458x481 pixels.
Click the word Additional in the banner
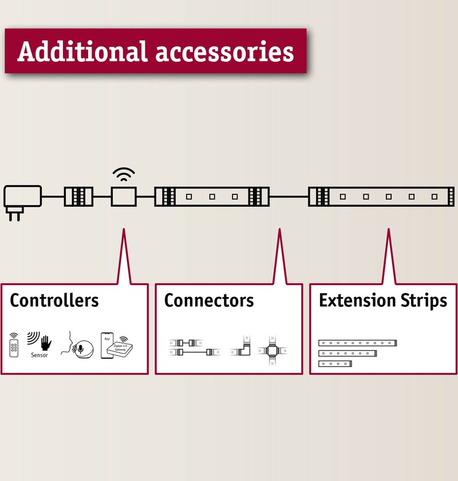tap(82, 51)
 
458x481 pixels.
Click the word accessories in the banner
tap(224, 52)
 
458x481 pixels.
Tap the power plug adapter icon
tap(22, 203)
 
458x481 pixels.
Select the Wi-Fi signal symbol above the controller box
tap(124, 174)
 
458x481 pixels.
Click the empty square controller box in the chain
tap(124, 196)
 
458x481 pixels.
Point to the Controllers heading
tap(54, 300)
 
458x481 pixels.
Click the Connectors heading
tap(209, 300)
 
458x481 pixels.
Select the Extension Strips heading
tap(383, 301)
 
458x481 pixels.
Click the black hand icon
tap(46, 343)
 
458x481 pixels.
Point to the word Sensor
tap(40, 355)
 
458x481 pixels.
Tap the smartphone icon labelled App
tap(106, 345)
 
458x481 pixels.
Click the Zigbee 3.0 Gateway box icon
tap(120, 349)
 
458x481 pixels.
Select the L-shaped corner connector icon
tap(242, 346)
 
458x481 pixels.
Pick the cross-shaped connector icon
tap(272, 350)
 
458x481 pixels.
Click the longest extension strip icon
tap(357, 343)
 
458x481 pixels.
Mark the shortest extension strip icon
tap(335, 364)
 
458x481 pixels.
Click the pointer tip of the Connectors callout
tap(279, 229)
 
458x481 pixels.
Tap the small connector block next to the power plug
tap(78, 196)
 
